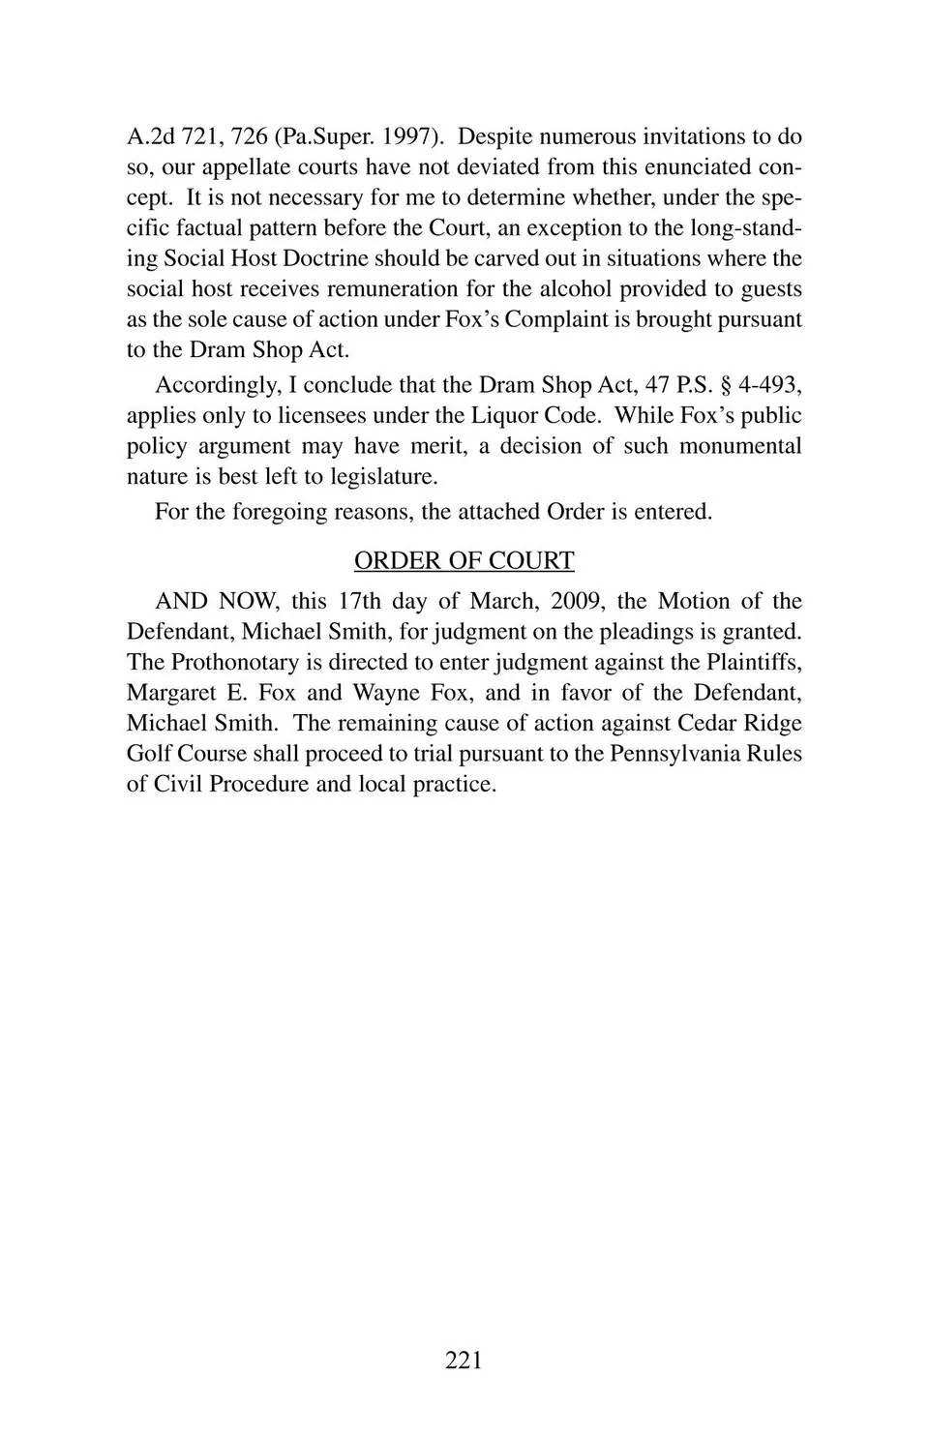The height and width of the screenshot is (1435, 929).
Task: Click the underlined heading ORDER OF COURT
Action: point(464,560)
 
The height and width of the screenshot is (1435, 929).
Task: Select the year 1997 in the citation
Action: point(406,136)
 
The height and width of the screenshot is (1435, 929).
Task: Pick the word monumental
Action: point(740,446)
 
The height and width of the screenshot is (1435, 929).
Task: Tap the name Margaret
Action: point(171,693)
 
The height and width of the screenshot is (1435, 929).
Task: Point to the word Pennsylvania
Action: point(674,754)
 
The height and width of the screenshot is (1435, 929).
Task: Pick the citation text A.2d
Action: point(150,136)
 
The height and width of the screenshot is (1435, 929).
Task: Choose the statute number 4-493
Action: point(769,384)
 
